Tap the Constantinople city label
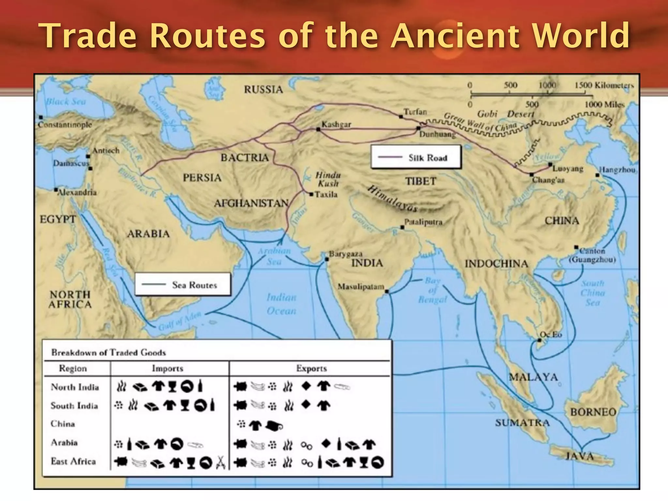(x=65, y=125)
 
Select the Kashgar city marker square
(x=318, y=129)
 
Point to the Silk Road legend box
(x=416, y=157)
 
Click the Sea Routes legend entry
(x=183, y=285)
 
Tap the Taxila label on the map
(x=326, y=195)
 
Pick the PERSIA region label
(x=202, y=178)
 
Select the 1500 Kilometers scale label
(x=604, y=85)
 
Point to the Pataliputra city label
(x=423, y=222)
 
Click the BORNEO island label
(x=593, y=412)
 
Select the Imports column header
(x=167, y=368)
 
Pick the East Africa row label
(x=73, y=461)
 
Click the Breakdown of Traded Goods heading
(x=108, y=353)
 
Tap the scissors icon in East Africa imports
(x=221, y=463)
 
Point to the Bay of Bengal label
(x=433, y=290)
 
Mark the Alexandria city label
(x=77, y=192)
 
